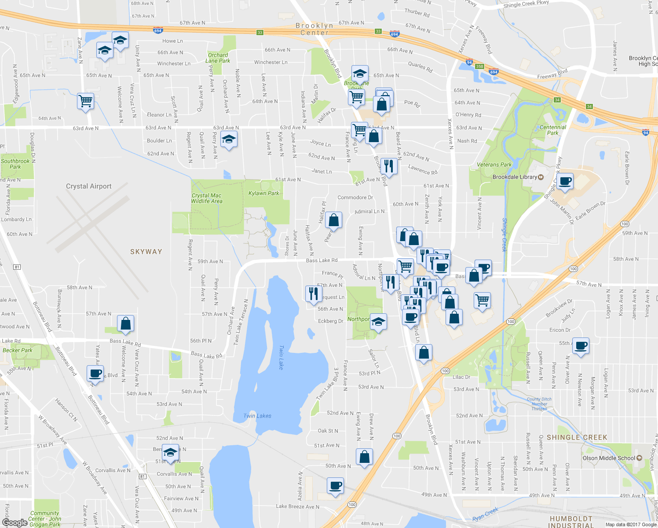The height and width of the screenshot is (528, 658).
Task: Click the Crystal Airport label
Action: [88, 186]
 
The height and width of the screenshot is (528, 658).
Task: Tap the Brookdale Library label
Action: [515, 177]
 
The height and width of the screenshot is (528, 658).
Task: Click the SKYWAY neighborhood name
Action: [146, 252]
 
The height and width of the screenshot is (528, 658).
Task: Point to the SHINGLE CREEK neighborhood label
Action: [577, 437]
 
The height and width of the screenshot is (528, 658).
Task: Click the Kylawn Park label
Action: [263, 193]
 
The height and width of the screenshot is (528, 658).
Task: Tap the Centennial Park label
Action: [553, 130]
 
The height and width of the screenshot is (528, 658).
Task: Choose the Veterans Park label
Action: [494, 165]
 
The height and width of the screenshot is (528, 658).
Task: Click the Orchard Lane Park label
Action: [218, 58]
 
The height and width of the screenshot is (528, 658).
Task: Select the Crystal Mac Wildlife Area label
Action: [206, 198]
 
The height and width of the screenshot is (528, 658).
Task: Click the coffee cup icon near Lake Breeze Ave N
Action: [335, 486]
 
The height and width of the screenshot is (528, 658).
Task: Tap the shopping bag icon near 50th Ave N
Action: [364, 457]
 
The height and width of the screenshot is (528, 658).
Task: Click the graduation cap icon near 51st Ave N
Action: [170, 451]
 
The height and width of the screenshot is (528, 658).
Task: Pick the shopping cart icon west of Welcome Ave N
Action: [85, 101]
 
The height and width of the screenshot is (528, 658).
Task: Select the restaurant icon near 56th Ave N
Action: [313, 293]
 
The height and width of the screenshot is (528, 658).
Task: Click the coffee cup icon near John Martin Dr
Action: [565, 181]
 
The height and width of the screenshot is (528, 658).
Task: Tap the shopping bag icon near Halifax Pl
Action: [334, 220]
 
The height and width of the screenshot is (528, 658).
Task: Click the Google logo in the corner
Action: [15, 522]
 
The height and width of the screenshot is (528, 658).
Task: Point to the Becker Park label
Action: [18, 350]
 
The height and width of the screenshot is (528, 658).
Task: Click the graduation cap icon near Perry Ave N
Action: [228, 140]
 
